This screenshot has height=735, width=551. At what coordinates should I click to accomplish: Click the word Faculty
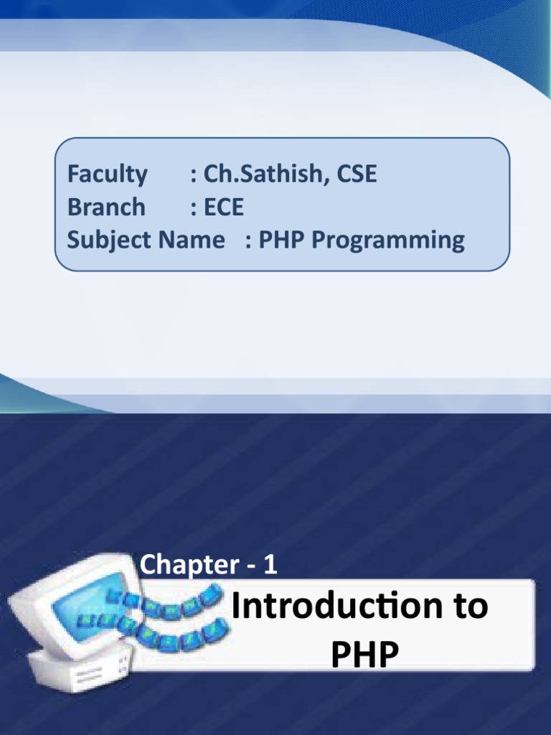click(x=107, y=174)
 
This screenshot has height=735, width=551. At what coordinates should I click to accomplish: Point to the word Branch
click(x=106, y=207)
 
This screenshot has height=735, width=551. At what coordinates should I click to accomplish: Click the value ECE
click(x=224, y=207)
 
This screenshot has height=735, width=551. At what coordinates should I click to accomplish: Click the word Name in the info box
click(x=194, y=240)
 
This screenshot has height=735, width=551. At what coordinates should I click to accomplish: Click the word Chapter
click(x=184, y=566)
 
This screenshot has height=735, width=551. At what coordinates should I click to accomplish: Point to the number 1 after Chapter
click(x=270, y=565)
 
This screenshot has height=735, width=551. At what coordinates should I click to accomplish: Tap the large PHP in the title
click(x=364, y=655)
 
